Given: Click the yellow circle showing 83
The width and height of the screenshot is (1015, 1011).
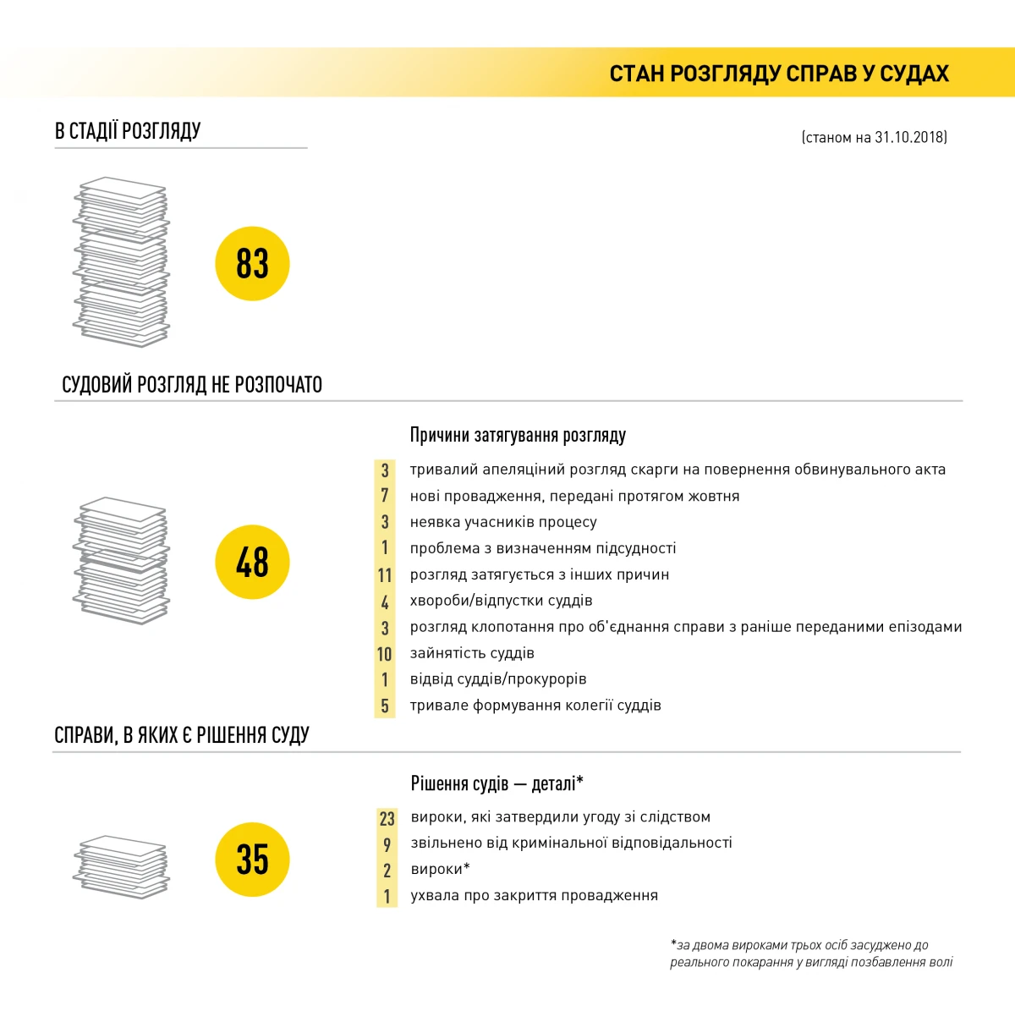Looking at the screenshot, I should coord(252,263).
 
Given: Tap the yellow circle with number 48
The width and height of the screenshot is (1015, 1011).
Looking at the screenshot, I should coord(252,562).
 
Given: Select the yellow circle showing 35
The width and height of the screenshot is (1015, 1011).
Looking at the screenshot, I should coord(252,860).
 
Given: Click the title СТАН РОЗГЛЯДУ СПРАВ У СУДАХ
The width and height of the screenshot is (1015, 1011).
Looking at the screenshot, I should coord(779,74).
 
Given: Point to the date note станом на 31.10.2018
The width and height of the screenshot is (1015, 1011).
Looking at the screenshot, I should coord(874,137).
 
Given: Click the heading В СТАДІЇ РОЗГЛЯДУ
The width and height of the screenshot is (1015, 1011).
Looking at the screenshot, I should coord(128,131).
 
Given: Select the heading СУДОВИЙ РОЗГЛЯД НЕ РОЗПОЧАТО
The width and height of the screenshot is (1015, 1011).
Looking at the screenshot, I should coord(192,385).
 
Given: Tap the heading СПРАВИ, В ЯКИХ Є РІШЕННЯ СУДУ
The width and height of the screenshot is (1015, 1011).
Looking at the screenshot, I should coord(182,735).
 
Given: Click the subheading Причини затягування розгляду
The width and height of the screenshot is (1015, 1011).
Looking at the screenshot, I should coord(518,436).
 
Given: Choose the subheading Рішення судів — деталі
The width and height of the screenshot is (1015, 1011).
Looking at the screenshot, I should coord(497,783).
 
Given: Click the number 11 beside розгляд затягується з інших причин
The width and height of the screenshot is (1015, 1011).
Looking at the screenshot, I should coord(385,575).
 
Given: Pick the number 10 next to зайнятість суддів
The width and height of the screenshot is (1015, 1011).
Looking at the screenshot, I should coord(385,654).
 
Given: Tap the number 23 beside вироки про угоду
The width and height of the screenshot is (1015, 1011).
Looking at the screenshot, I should coord(387,819).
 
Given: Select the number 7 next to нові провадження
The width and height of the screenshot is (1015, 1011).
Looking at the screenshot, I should coord(385,496).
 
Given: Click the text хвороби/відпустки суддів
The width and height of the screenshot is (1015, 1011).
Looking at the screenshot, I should coord(501,601).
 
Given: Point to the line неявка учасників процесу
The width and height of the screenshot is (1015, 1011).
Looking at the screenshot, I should coord(503,522).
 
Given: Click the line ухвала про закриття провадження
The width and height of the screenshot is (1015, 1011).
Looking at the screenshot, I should coord(534,895).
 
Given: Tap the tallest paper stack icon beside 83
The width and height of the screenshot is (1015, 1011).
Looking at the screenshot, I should coord(121,262).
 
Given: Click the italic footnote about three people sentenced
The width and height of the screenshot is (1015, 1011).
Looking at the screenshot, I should coord(811,953).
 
